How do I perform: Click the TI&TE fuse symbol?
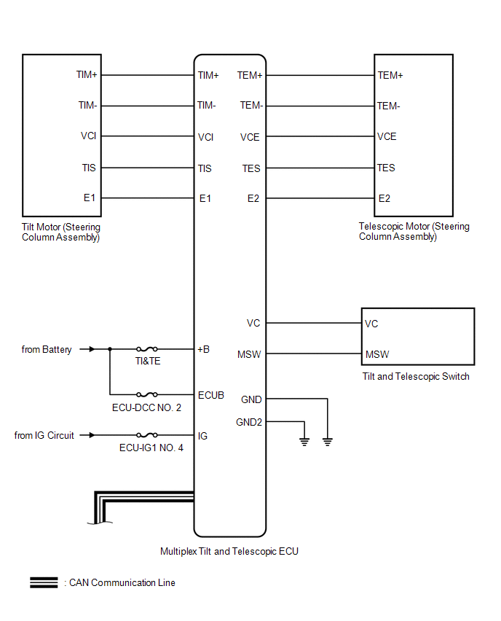147,349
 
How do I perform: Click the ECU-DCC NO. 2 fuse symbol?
147,394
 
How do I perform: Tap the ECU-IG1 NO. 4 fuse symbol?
147,435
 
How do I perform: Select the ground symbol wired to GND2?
304,442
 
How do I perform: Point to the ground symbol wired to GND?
328,442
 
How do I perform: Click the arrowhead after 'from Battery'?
92,349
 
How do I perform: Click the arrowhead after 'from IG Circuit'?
92,435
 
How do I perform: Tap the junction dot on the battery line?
110,349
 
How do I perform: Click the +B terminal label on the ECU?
203,349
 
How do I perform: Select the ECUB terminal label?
211,395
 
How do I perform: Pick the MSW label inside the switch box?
377,354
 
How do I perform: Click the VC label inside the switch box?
371,324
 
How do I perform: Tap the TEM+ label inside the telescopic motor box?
390,75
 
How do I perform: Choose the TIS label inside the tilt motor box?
89,168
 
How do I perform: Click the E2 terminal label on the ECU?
253,198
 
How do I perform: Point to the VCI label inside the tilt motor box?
88,136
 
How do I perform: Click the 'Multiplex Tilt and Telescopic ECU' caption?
229,551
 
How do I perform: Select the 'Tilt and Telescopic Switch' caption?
416,376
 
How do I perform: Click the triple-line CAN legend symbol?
44,582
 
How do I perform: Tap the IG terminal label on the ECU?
202,436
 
